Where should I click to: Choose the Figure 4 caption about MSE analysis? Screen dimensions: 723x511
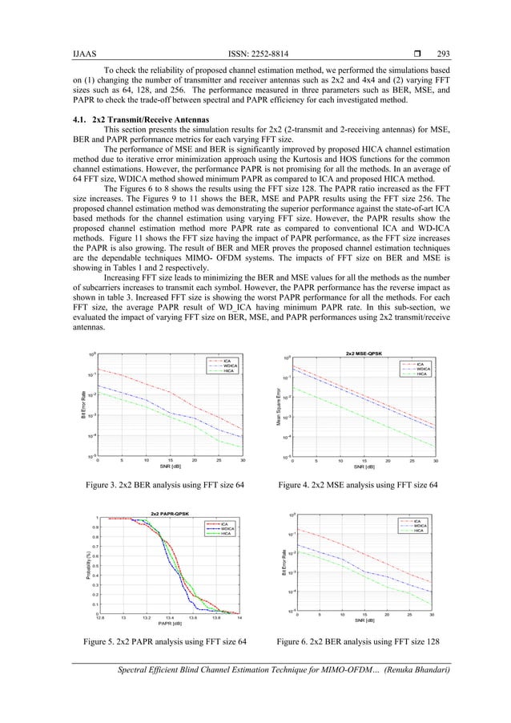coord(360,485)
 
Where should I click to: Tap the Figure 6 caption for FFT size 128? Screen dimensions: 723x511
coord(360,642)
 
